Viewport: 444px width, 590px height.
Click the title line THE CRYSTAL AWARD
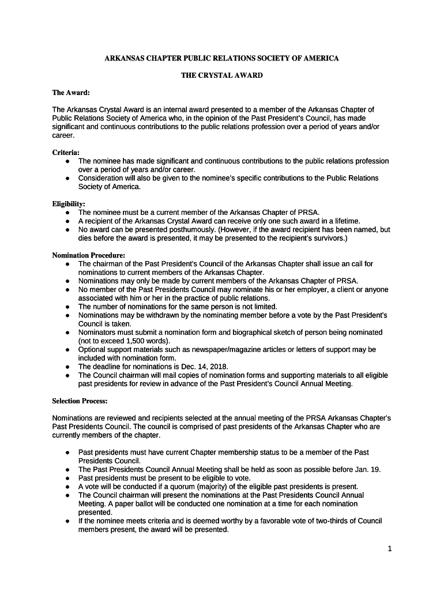pyautogui.click(x=221, y=75)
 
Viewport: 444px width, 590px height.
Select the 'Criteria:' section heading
pyautogui.click(x=66, y=153)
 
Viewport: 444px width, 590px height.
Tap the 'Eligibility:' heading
pyautogui.click(x=69, y=204)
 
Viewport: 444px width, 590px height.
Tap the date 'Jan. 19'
pyautogui.click(x=368, y=470)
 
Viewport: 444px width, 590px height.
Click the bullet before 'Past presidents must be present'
pyautogui.click(x=68, y=478)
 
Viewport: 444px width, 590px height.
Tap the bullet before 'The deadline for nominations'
pyautogui.click(x=68, y=367)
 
